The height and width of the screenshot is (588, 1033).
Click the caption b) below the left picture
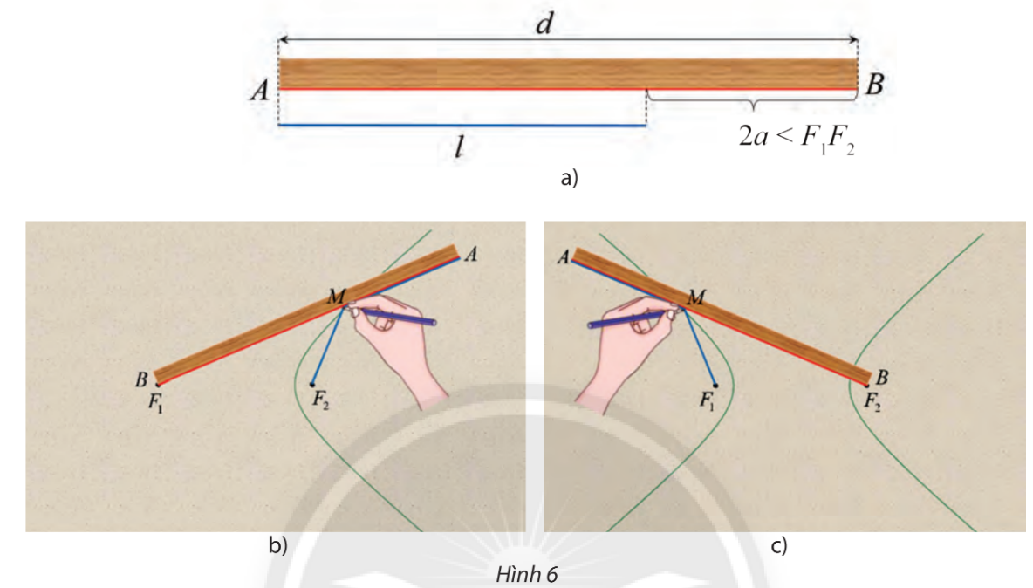coord(277,547)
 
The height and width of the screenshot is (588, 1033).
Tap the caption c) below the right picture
coord(780,547)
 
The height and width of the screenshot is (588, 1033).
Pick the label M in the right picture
coord(696,297)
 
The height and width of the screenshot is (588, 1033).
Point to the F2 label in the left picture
coord(321,400)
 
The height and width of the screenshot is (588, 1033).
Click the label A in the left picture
coord(471,254)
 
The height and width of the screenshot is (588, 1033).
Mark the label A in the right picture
coord(563,256)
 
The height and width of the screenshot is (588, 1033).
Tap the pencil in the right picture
coord(631,318)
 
